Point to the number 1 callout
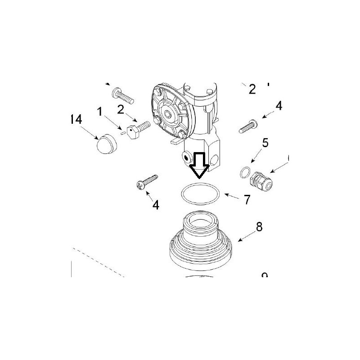(x=100, y=111)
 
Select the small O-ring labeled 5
(x=244, y=172)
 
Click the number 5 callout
(x=265, y=143)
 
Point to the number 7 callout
(x=247, y=200)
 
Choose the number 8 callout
(x=259, y=227)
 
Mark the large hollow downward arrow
(x=198, y=165)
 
